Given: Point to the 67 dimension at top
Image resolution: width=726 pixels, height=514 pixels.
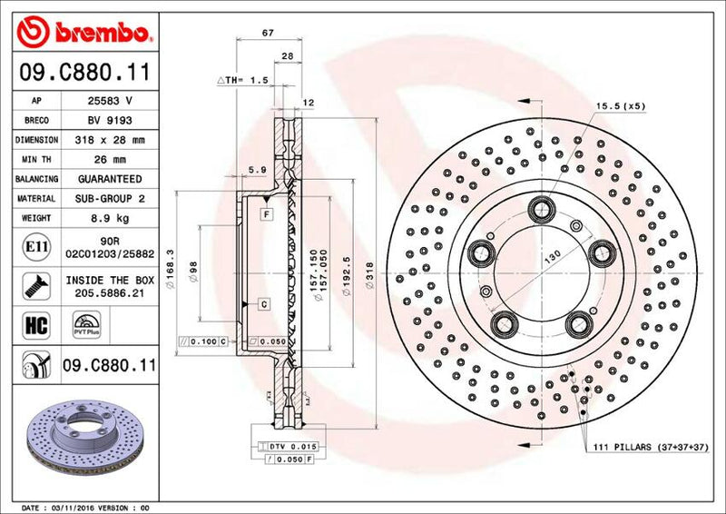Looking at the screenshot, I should coord(268,34).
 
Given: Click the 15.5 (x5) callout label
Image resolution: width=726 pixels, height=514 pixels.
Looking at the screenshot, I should coord(621,106).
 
